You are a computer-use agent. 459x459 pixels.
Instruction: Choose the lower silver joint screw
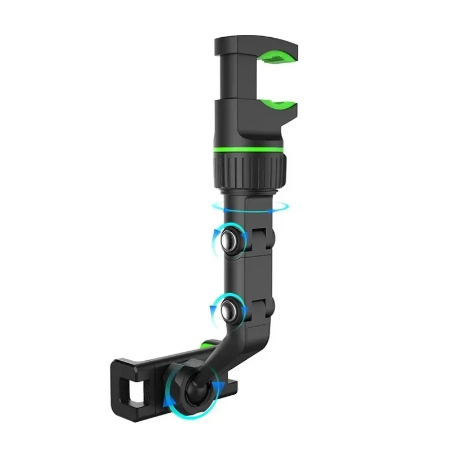[x=231, y=310]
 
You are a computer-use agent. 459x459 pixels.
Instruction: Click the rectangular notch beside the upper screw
[x=261, y=236]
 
